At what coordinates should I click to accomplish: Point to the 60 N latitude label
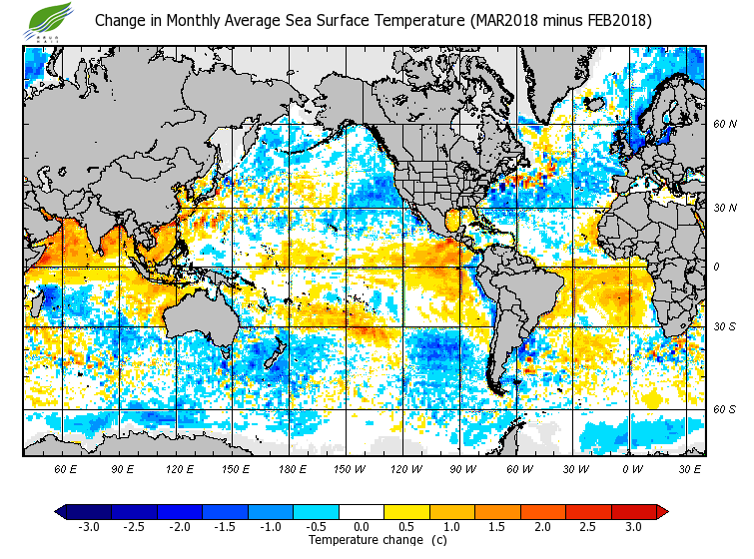tap(724, 124)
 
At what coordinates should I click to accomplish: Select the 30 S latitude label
tap(724, 326)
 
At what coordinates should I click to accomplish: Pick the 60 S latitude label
tap(724, 409)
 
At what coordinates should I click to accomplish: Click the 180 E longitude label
tap(292, 468)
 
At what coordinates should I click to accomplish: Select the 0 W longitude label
tap(631, 468)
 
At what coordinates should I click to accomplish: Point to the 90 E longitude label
tap(122, 468)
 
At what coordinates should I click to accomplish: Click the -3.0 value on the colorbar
tap(89, 526)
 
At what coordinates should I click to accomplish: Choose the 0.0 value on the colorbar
tap(361, 526)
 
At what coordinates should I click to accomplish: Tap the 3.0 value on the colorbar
tap(633, 526)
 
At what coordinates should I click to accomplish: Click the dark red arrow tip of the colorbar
tap(661, 512)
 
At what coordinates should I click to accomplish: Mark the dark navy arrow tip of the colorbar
tap(61, 512)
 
